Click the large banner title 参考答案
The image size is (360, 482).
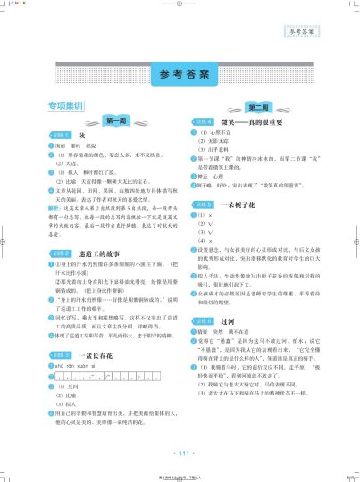(x=180, y=72)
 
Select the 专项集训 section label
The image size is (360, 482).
(x=66, y=106)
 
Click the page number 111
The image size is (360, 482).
(x=180, y=454)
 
